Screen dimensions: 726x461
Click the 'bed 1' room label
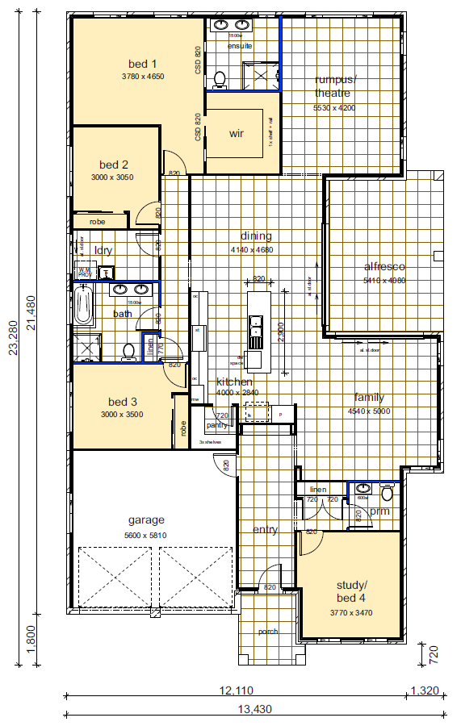pyautogui.click(x=142, y=64)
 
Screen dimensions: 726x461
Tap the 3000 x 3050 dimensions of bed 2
pyautogui.click(x=112, y=177)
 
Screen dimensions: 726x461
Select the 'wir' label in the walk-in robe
pyautogui.click(x=237, y=133)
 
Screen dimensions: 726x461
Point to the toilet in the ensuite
pyautogui.click(x=219, y=79)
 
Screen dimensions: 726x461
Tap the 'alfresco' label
pyautogui.click(x=384, y=266)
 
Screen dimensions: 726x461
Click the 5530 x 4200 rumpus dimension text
pyautogui.click(x=334, y=107)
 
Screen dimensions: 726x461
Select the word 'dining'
pyautogui.click(x=256, y=236)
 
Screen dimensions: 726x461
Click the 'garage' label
pyautogui.click(x=146, y=519)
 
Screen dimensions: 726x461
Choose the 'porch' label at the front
pyautogui.click(x=268, y=632)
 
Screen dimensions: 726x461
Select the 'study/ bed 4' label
pyautogui.click(x=351, y=590)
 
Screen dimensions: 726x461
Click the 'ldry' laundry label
pyautogui.click(x=103, y=250)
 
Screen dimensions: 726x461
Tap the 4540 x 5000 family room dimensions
pyautogui.click(x=369, y=411)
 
